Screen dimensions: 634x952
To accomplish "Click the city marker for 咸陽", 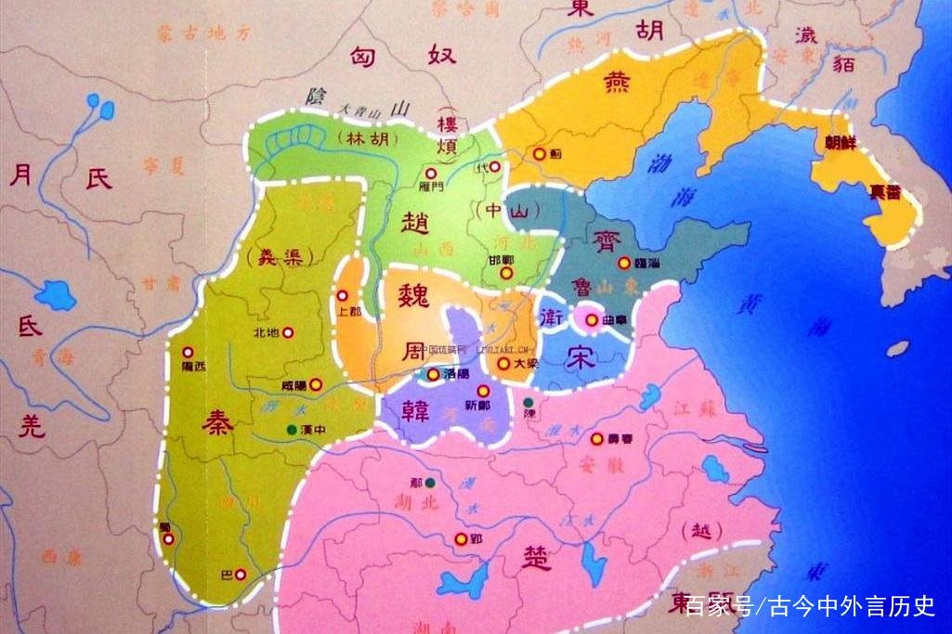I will click(316, 383).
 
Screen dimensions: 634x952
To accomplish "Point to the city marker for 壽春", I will click(596, 438).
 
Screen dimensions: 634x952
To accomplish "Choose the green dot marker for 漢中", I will click(293, 429).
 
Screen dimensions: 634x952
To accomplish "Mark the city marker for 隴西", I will click(189, 352).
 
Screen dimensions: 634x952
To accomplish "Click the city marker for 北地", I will click(288, 331).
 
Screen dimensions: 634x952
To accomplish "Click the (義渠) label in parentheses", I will click(274, 253).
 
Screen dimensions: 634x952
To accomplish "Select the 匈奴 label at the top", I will click(401, 56).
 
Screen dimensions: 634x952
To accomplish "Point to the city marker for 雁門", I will click(429, 173).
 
